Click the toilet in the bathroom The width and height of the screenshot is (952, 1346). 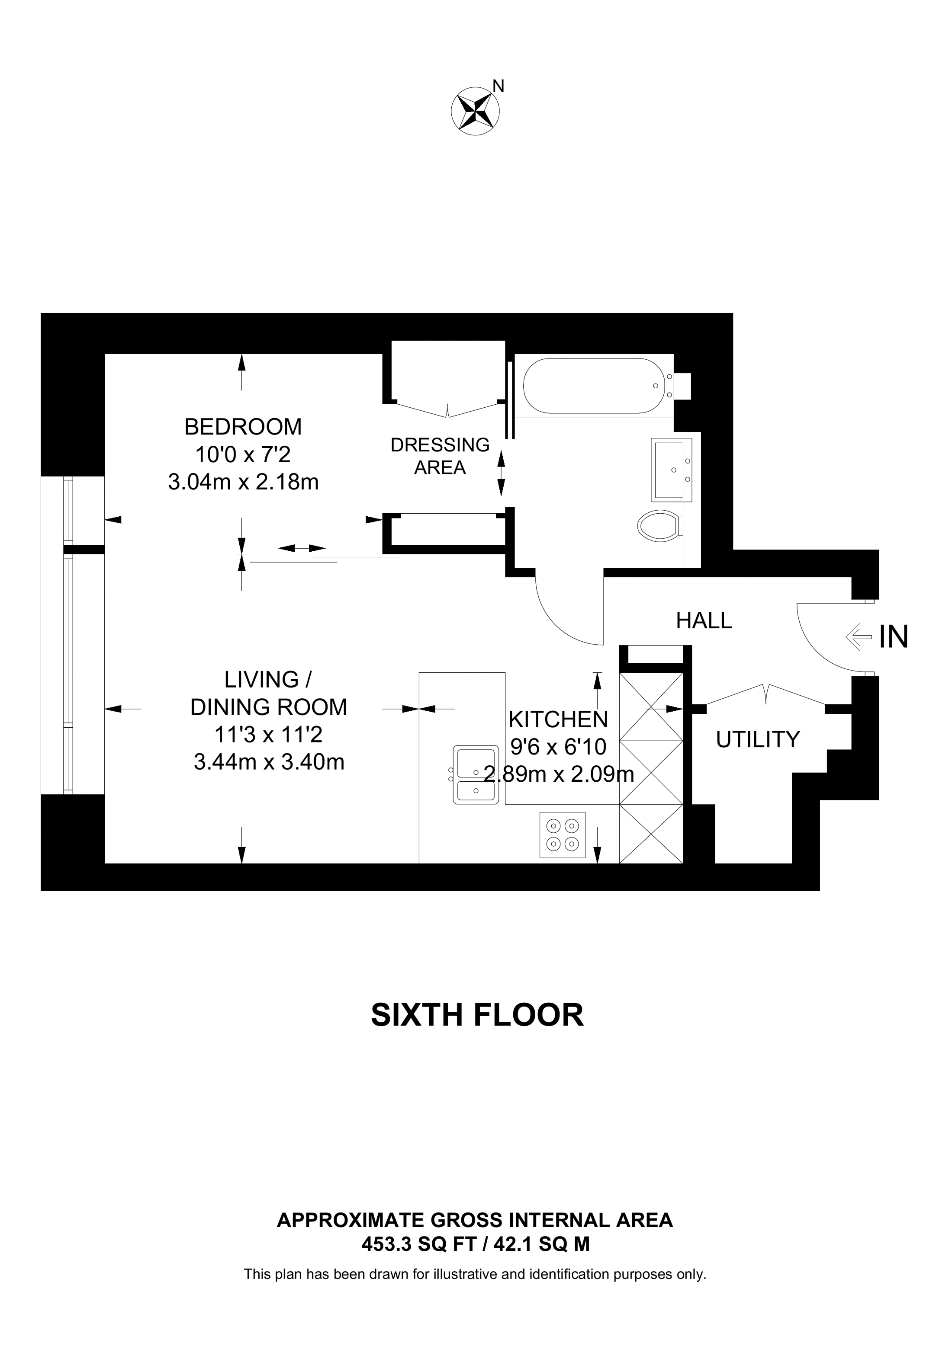pyautogui.click(x=659, y=525)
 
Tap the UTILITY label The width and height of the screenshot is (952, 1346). pyautogui.click(x=758, y=740)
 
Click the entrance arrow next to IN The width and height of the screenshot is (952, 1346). pyautogui.click(x=858, y=636)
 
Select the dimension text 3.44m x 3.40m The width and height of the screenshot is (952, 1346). pyautogui.click(x=269, y=762)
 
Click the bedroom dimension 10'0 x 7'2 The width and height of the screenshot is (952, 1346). pyautogui.click(x=243, y=454)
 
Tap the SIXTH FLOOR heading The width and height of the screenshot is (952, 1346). pyautogui.click(x=477, y=1015)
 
